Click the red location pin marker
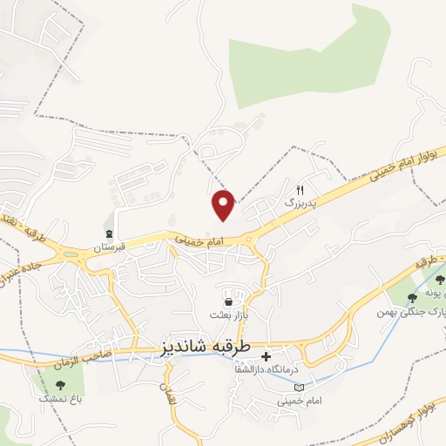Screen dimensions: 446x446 (x=224, y=204)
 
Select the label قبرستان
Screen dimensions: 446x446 (x=111, y=247)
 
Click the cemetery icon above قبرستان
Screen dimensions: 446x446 (x=110, y=233)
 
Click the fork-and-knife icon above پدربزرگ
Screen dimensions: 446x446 (x=301, y=189)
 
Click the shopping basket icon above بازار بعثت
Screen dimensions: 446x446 (x=228, y=301)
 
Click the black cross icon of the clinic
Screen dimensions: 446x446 (x=266, y=356)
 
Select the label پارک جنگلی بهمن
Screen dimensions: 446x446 (x=409, y=311)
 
